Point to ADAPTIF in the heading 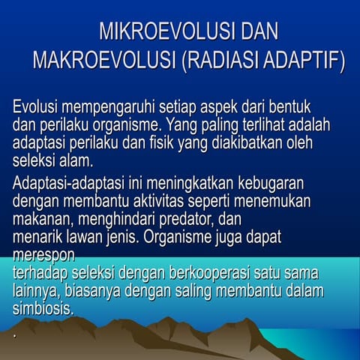(x=307, y=61)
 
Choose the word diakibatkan (x=245, y=142)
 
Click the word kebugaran (x=278, y=184)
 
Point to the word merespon (x=40, y=253)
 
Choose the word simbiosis (x=43, y=306)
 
